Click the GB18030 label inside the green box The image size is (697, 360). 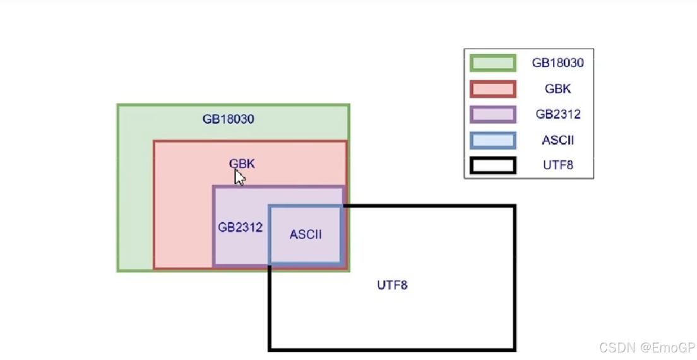pyautogui.click(x=228, y=119)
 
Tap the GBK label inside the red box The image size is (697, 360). pyautogui.click(x=242, y=164)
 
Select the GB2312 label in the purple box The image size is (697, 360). pyautogui.click(x=240, y=227)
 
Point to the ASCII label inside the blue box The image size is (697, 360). pyautogui.click(x=306, y=234)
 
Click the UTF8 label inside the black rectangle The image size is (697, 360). pyautogui.click(x=392, y=285)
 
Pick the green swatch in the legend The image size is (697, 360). pyautogui.click(x=492, y=63)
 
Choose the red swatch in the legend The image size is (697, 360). pyautogui.click(x=492, y=89)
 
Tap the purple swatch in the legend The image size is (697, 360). pyautogui.click(x=492, y=114)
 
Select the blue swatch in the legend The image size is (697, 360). pyautogui.click(x=492, y=140)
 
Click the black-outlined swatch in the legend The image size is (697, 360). pyautogui.click(x=492, y=165)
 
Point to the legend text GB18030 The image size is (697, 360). pyautogui.click(x=557, y=63)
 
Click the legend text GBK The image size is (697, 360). pyautogui.click(x=557, y=89)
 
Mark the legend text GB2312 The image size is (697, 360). pyautogui.click(x=557, y=114)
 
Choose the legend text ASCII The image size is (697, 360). pyautogui.click(x=557, y=140)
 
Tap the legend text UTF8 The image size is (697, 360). pyautogui.click(x=557, y=165)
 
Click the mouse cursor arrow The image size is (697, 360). pyautogui.click(x=239, y=176)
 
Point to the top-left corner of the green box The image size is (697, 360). pyautogui.click(x=118, y=105)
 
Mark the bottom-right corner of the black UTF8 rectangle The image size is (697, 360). pyautogui.click(x=515, y=349)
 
